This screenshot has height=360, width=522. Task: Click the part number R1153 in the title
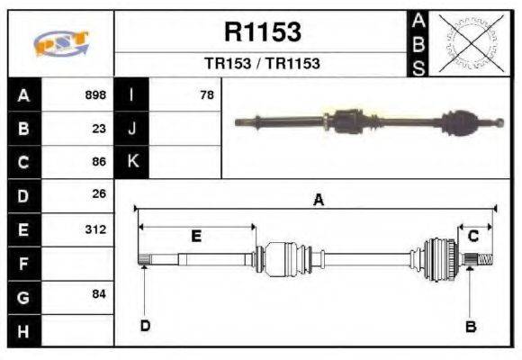point(262,33)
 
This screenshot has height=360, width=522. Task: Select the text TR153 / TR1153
point(262,64)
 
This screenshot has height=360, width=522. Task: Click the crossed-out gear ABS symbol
point(470,43)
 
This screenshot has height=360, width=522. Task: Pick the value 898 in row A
point(94,94)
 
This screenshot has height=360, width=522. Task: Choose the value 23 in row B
point(99,128)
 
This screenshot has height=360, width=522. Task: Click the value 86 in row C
point(99,162)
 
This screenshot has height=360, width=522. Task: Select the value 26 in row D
point(99,193)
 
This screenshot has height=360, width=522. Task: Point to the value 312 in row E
point(95,229)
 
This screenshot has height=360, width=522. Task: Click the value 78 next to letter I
point(207,94)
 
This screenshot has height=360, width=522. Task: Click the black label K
point(132,162)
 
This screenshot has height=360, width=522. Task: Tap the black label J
point(132,128)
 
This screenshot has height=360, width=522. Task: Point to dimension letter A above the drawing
point(318,202)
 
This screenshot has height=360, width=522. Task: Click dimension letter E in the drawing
point(196,236)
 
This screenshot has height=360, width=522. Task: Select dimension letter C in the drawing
point(472,236)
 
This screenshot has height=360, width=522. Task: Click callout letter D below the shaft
point(144,326)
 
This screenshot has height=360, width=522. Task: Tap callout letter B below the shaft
point(470,327)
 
